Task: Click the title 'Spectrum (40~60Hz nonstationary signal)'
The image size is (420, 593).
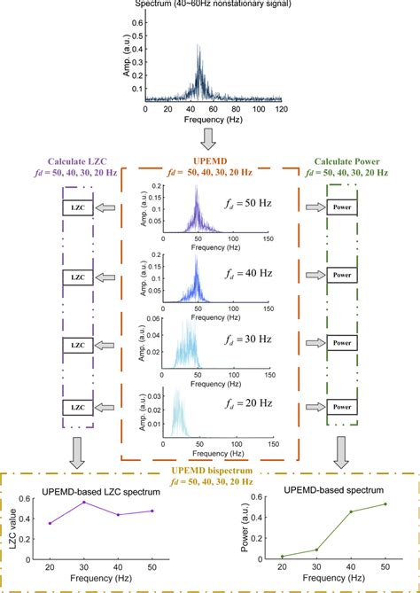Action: [x=210, y=4]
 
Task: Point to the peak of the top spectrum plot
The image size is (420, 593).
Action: [x=198, y=45]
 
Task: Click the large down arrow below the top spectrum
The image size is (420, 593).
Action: [x=210, y=137]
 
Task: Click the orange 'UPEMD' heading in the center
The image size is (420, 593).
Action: [x=209, y=161]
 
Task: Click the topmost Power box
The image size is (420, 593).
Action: [x=345, y=207]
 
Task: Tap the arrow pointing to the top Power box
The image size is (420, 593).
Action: [x=314, y=207]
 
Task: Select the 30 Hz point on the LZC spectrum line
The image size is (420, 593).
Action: [x=84, y=503]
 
